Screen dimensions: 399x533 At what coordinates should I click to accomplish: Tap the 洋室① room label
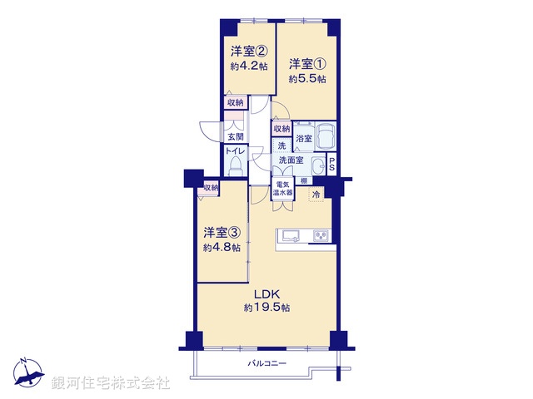coord(307,64)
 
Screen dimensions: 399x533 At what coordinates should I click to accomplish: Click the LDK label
coord(266,293)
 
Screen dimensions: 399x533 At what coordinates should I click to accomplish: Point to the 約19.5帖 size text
coord(266,308)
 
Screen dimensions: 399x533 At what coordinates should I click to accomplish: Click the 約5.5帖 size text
coord(307,79)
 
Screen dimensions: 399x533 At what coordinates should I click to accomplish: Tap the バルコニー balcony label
coord(266,364)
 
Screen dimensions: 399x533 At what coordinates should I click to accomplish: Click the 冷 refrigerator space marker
coord(316,195)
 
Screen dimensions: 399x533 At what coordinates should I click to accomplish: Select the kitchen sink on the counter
coord(291,235)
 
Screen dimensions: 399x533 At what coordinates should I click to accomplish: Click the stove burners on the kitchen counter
coord(321,235)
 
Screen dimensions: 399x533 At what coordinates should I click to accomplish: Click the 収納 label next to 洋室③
coord(210,188)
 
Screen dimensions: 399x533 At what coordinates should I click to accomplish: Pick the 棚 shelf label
coord(305,180)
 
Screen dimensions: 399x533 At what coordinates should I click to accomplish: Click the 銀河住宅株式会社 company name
coord(111,383)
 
